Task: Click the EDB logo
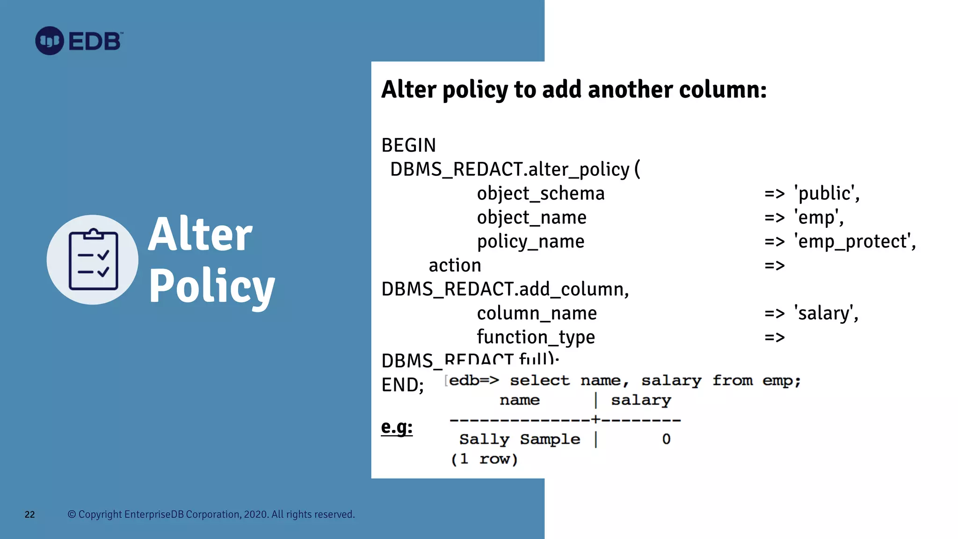(79, 41)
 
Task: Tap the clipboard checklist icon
(93, 260)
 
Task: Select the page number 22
(29, 515)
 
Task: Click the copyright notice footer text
(211, 514)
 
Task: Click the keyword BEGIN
(408, 146)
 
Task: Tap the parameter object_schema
(540, 193)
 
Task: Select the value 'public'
(827, 193)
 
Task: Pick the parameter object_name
(531, 218)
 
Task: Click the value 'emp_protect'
(855, 241)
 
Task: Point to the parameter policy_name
(530, 241)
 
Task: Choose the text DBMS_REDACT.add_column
(505, 289)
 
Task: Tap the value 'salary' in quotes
(826, 313)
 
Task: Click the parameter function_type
(536, 337)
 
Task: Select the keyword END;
(402, 385)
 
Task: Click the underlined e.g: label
(397, 427)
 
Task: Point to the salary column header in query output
(641, 400)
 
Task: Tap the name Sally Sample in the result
(519, 439)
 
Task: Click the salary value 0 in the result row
(666, 439)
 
